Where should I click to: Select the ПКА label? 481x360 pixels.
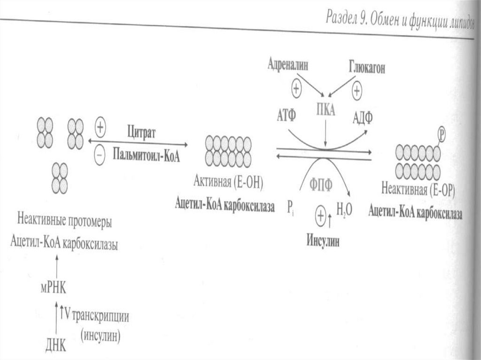[325, 110]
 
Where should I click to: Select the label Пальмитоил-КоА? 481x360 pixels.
[147, 154]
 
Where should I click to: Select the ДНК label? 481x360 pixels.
[56, 346]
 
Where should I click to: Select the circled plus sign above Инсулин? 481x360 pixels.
[321, 216]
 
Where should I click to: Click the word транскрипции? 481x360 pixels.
[100, 315]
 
